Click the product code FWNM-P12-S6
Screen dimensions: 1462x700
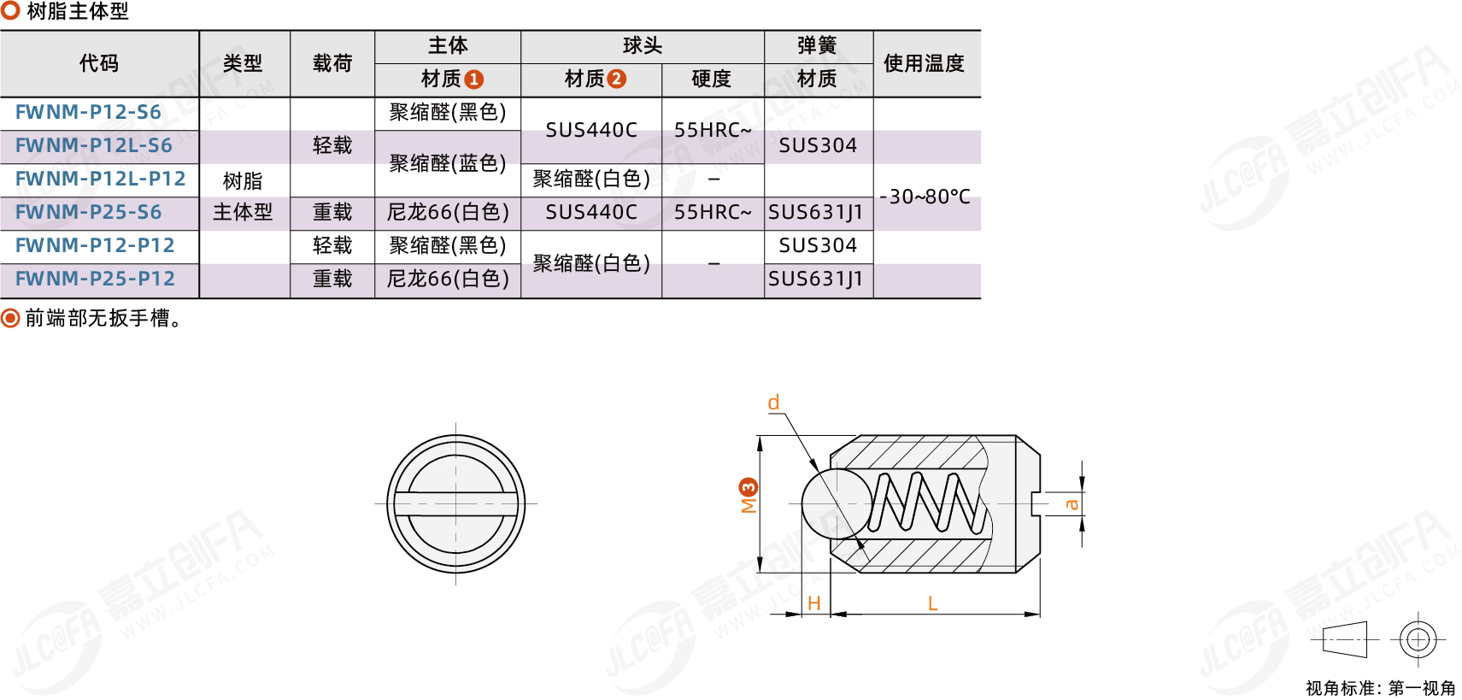(x=88, y=112)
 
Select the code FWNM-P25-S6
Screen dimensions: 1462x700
(x=88, y=212)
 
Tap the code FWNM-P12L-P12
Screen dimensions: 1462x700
(x=101, y=179)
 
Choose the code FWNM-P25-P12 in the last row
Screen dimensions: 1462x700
(x=96, y=279)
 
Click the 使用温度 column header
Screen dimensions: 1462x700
(x=924, y=63)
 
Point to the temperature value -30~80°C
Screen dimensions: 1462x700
(x=925, y=197)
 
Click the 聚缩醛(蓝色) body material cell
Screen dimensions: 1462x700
(x=448, y=163)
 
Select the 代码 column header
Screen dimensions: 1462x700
(x=99, y=63)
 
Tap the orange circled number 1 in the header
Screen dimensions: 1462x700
(x=474, y=79)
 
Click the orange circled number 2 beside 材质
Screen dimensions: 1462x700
(x=616, y=79)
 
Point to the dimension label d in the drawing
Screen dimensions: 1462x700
(x=773, y=403)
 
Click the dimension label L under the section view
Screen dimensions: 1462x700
(x=933, y=603)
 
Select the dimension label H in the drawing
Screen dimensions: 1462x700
(x=814, y=603)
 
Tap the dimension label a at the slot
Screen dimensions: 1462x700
(x=1071, y=505)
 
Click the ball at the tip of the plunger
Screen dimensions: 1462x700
(x=837, y=504)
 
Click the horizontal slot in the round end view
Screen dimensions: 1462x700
(x=455, y=504)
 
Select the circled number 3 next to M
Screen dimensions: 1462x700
(x=748, y=488)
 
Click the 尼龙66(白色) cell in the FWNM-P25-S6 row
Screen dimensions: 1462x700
(x=448, y=212)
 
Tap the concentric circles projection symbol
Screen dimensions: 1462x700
(x=1418, y=640)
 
